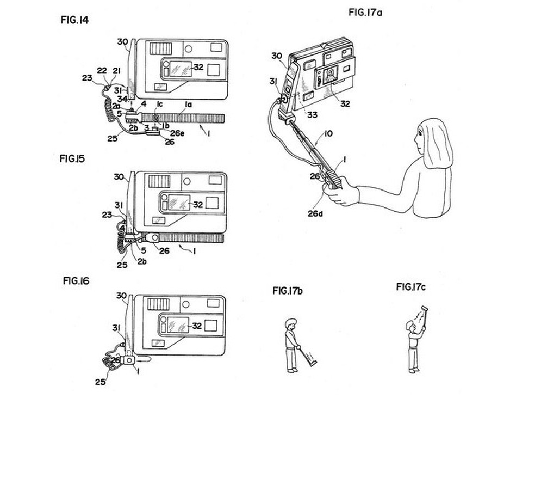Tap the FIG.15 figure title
tap(73, 159)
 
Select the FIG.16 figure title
tap(76, 281)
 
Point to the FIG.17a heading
tap(365, 12)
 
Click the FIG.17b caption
tap(288, 291)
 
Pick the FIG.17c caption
tap(411, 287)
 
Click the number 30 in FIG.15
tap(121, 177)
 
